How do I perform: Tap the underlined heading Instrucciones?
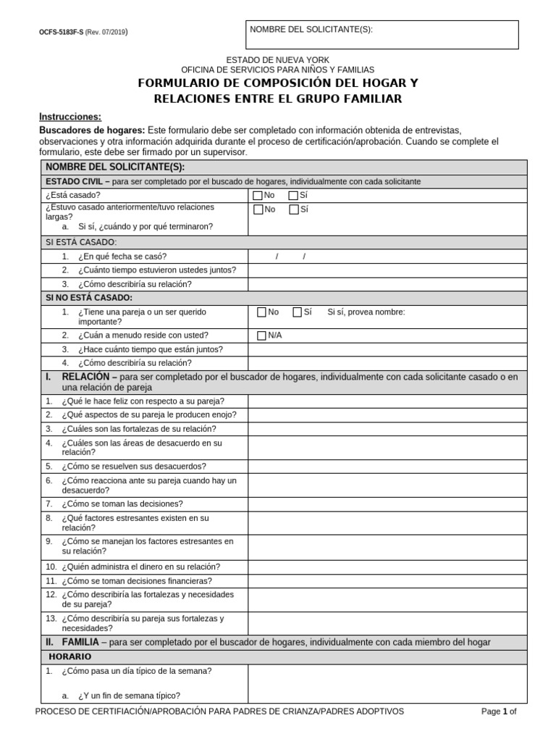(x=69, y=117)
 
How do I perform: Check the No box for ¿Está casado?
(x=258, y=196)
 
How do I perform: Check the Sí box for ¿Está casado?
(x=293, y=196)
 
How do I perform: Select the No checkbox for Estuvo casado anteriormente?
(x=258, y=209)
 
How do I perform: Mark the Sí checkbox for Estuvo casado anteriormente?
(x=293, y=209)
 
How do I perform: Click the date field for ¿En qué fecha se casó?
(x=290, y=257)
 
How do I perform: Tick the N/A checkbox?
(x=262, y=335)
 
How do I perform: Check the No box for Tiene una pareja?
(x=262, y=312)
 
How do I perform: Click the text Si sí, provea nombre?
(x=366, y=312)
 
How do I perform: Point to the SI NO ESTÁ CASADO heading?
(x=89, y=298)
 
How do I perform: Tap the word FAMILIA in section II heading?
(x=80, y=642)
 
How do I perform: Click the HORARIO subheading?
(x=70, y=656)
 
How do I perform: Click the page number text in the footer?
(x=499, y=712)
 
